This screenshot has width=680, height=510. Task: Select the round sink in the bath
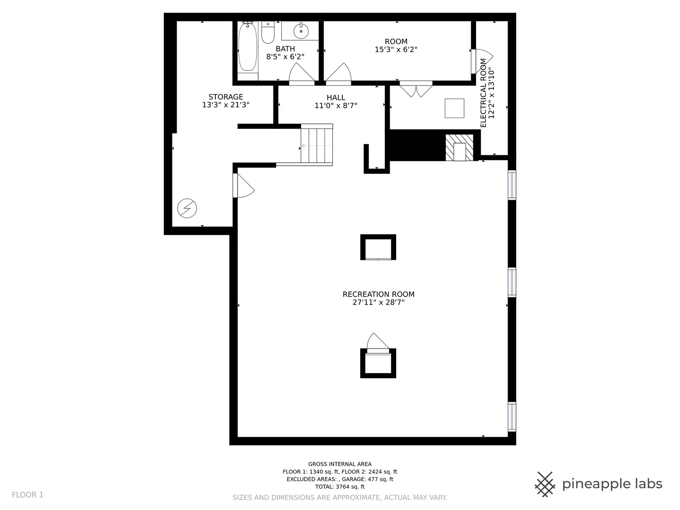tap(301, 31)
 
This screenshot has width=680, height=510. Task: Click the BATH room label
tap(285, 49)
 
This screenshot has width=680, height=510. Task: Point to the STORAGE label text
tap(226, 97)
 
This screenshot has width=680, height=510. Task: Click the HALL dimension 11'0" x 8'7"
tap(336, 106)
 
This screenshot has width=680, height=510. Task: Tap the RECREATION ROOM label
tap(378, 294)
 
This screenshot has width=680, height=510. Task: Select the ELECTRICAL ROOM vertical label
tap(483, 93)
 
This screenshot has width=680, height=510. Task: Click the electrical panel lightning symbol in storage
tap(187, 208)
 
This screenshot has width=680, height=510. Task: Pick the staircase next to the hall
tap(316, 145)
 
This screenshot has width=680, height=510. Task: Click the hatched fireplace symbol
tap(459, 147)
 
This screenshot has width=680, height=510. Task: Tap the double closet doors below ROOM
tap(416, 89)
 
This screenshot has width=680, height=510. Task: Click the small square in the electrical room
tap(454, 109)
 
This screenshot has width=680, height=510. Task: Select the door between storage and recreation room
tap(244, 185)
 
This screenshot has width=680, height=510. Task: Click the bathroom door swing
tap(301, 74)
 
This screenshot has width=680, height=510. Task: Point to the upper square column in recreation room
tap(378, 247)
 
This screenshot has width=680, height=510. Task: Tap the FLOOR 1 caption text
tap(27, 495)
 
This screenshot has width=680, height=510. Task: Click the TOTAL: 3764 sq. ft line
tap(340, 486)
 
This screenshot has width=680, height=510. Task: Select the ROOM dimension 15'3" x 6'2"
tap(396, 50)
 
